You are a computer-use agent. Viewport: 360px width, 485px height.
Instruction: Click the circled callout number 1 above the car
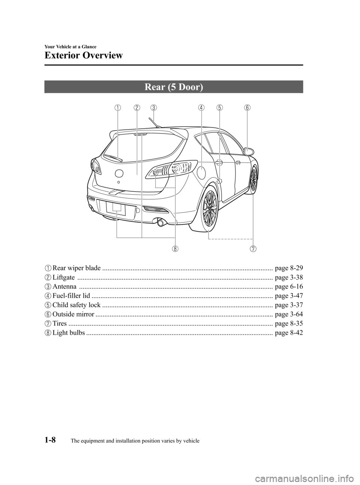[118, 108]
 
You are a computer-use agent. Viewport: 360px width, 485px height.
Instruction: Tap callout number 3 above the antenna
[154, 108]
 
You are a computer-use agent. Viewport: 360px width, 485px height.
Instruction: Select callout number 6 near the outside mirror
[247, 108]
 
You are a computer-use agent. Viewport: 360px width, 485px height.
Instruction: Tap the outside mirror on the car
[249, 152]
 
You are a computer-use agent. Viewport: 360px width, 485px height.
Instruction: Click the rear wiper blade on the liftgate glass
[113, 158]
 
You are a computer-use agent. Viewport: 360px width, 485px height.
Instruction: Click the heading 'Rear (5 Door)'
[174, 87]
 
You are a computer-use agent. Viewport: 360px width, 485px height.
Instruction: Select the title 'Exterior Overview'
[83, 56]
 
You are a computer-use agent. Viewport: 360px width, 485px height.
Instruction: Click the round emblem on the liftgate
[119, 173]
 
